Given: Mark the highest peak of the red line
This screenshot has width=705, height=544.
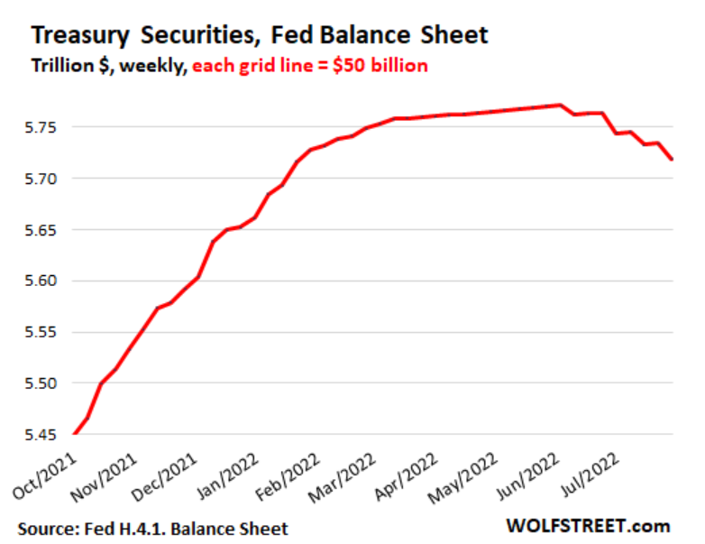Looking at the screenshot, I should [560, 105].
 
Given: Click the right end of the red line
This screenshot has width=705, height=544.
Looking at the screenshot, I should [673, 159].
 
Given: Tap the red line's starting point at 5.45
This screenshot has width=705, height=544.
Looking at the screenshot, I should [74, 434].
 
